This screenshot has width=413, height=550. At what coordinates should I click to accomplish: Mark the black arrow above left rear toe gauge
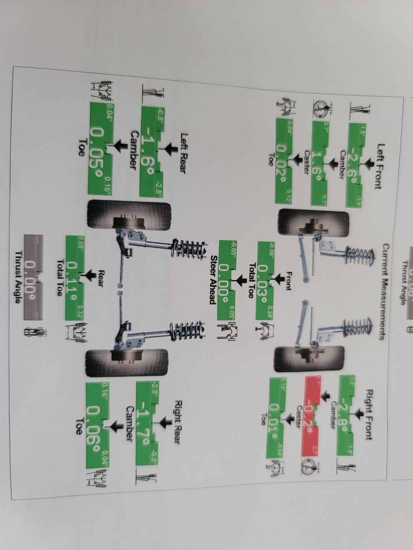[116, 148]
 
